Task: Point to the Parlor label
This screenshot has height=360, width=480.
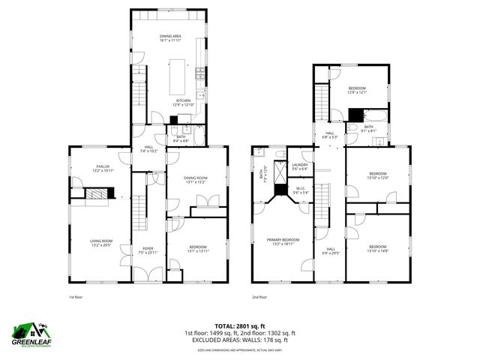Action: click(102, 169)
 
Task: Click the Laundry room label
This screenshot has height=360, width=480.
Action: click(300, 166)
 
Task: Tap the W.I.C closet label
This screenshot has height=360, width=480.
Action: click(300, 190)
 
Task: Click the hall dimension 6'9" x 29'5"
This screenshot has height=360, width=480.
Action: click(331, 253)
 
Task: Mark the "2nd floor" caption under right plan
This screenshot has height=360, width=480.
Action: click(259, 297)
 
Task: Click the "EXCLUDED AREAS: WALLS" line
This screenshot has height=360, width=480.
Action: click(240, 340)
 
